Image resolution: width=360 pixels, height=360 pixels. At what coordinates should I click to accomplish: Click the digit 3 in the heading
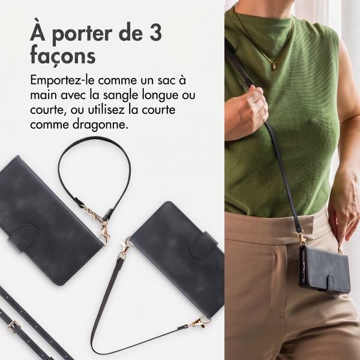pyautogui.click(x=155, y=33)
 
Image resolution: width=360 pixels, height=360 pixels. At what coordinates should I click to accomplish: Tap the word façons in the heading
pyautogui.click(x=62, y=55)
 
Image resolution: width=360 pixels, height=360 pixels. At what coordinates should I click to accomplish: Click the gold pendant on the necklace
pyautogui.click(x=274, y=66)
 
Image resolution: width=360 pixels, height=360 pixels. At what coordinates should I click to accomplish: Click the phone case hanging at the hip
pyautogui.click(x=325, y=269)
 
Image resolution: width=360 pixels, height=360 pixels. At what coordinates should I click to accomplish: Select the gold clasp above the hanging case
pyautogui.click(x=301, y=238)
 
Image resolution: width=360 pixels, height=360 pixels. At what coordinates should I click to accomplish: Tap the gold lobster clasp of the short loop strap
pyautogui.click(x=104, y=232)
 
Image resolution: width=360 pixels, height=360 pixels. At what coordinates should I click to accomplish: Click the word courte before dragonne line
pyautogui.click(x=158, y=110)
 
